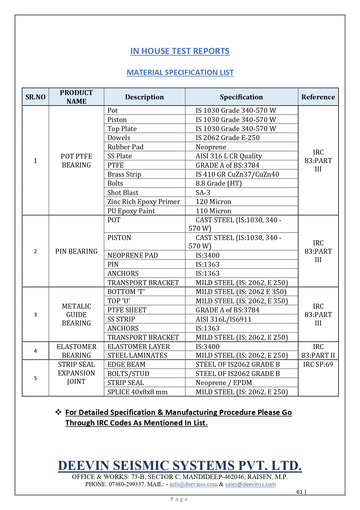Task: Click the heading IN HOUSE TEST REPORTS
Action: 180,51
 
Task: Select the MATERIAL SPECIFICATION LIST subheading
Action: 180,72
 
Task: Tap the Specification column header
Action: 241,97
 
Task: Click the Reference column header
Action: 318,97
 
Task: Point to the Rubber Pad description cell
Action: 125,147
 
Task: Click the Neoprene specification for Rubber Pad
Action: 211,147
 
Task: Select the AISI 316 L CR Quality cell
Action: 229,156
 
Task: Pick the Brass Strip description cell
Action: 124,174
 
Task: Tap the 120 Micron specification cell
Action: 213,202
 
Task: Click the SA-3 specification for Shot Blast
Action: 203,193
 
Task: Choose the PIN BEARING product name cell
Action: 76,251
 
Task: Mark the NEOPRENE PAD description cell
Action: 133,255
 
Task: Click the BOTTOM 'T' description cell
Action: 126,292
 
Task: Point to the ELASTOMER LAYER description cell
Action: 139,347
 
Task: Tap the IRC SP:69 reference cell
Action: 318,364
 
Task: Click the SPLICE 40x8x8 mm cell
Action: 137,392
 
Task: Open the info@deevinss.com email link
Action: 193,484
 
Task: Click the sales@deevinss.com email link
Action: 250,484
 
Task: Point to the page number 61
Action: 299,492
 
